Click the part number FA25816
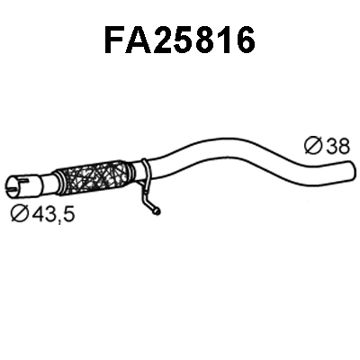(179, 40)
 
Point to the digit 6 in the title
(244, 40)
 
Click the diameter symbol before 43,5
(20, 214)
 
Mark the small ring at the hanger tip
(157, 211)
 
